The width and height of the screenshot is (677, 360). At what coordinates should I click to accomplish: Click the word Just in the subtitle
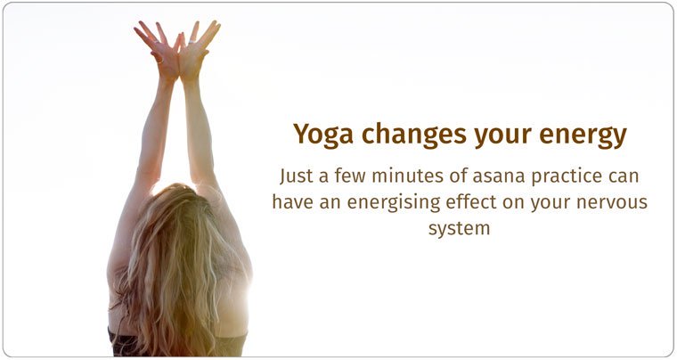point(297,176)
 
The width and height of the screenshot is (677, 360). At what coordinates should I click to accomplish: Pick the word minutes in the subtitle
point(400,176)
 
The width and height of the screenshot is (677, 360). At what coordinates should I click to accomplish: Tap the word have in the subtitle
point(291,201)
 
